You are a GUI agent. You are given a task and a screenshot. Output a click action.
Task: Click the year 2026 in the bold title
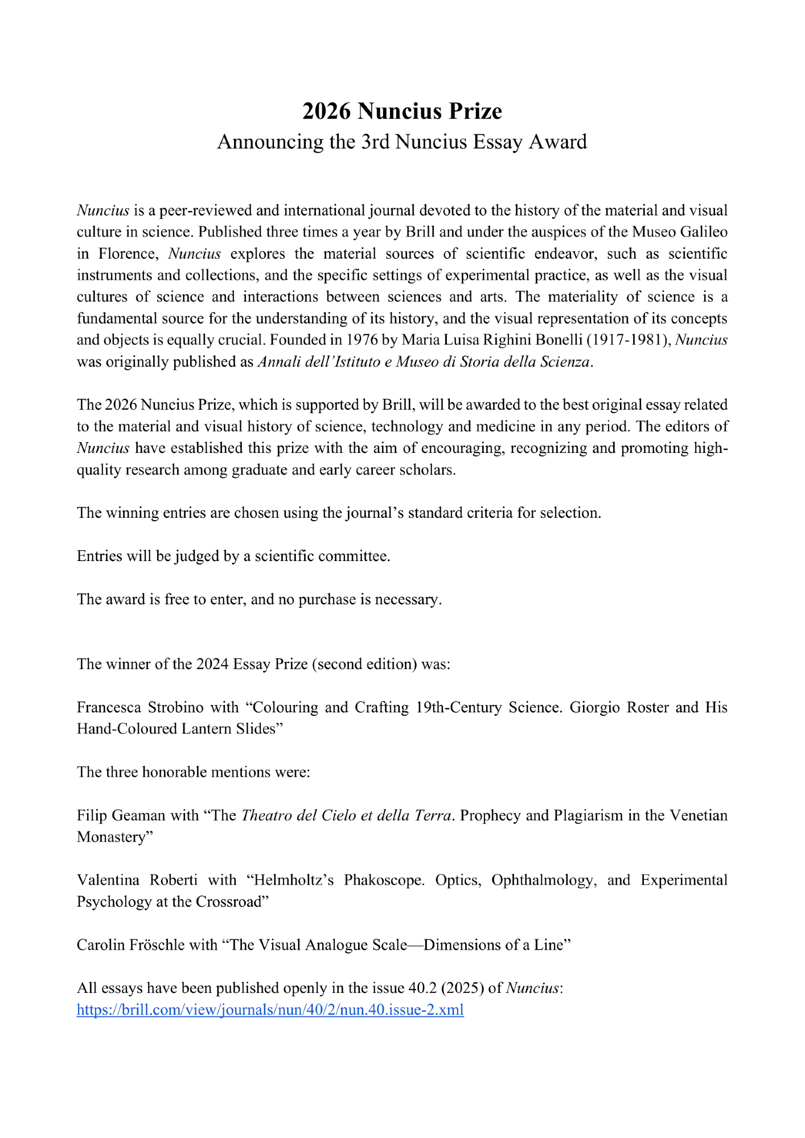327,112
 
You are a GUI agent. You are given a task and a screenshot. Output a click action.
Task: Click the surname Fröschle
155,945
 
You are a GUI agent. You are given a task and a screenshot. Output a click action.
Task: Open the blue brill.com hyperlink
270,1010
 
